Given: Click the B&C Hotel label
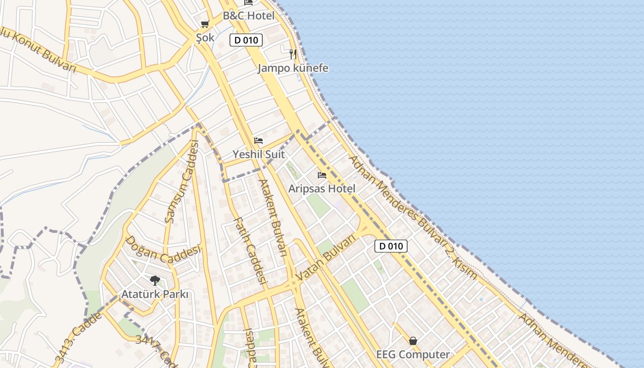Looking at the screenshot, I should tap(248, 16).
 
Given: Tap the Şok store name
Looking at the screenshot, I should tap(205, 38).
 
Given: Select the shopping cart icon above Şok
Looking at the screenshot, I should tap(205, 24).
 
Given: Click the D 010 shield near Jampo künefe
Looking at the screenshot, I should tap(246, 40).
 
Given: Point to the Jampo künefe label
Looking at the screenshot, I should tap(293, 68).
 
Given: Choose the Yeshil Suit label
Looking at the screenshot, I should tap(259, 154).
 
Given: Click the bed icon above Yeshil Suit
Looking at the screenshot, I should tap(259, 141).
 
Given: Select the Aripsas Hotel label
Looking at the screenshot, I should tap(322, 189).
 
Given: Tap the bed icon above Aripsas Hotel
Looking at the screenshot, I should tap(322, 175).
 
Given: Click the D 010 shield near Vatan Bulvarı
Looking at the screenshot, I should tap(391, 246).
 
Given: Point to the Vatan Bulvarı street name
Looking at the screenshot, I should tap(327, 258).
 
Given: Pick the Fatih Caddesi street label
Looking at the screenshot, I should tap(251, 251).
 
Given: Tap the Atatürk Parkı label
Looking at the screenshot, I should tap(155, 294).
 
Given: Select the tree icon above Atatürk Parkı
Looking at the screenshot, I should tap(155, 280).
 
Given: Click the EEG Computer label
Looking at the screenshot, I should tap(413, 355).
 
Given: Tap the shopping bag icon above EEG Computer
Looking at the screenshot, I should tap(413, 341).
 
